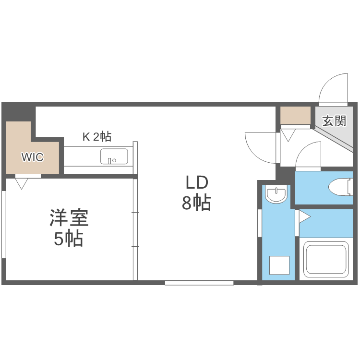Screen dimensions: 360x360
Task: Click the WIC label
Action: coord(32,156)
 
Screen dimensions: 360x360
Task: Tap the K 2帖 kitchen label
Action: coord(97,137)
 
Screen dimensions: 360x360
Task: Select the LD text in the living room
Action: coord(196,183)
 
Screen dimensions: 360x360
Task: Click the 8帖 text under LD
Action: coord(196,204)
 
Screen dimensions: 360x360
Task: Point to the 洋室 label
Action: coord(69,218)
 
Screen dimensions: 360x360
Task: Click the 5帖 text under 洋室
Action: coord(69,239)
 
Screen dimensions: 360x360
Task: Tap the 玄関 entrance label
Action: coord(334,120)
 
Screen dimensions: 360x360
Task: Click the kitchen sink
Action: coord(114,156)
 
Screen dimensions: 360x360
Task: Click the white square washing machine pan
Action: coord(279,265)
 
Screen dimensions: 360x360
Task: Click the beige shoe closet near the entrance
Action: coord(296,115)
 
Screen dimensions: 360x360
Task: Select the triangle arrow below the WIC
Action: coord(22,182)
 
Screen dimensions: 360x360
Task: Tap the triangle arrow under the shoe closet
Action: coord(289,135)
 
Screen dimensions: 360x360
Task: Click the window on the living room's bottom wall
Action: coord(199,283)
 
